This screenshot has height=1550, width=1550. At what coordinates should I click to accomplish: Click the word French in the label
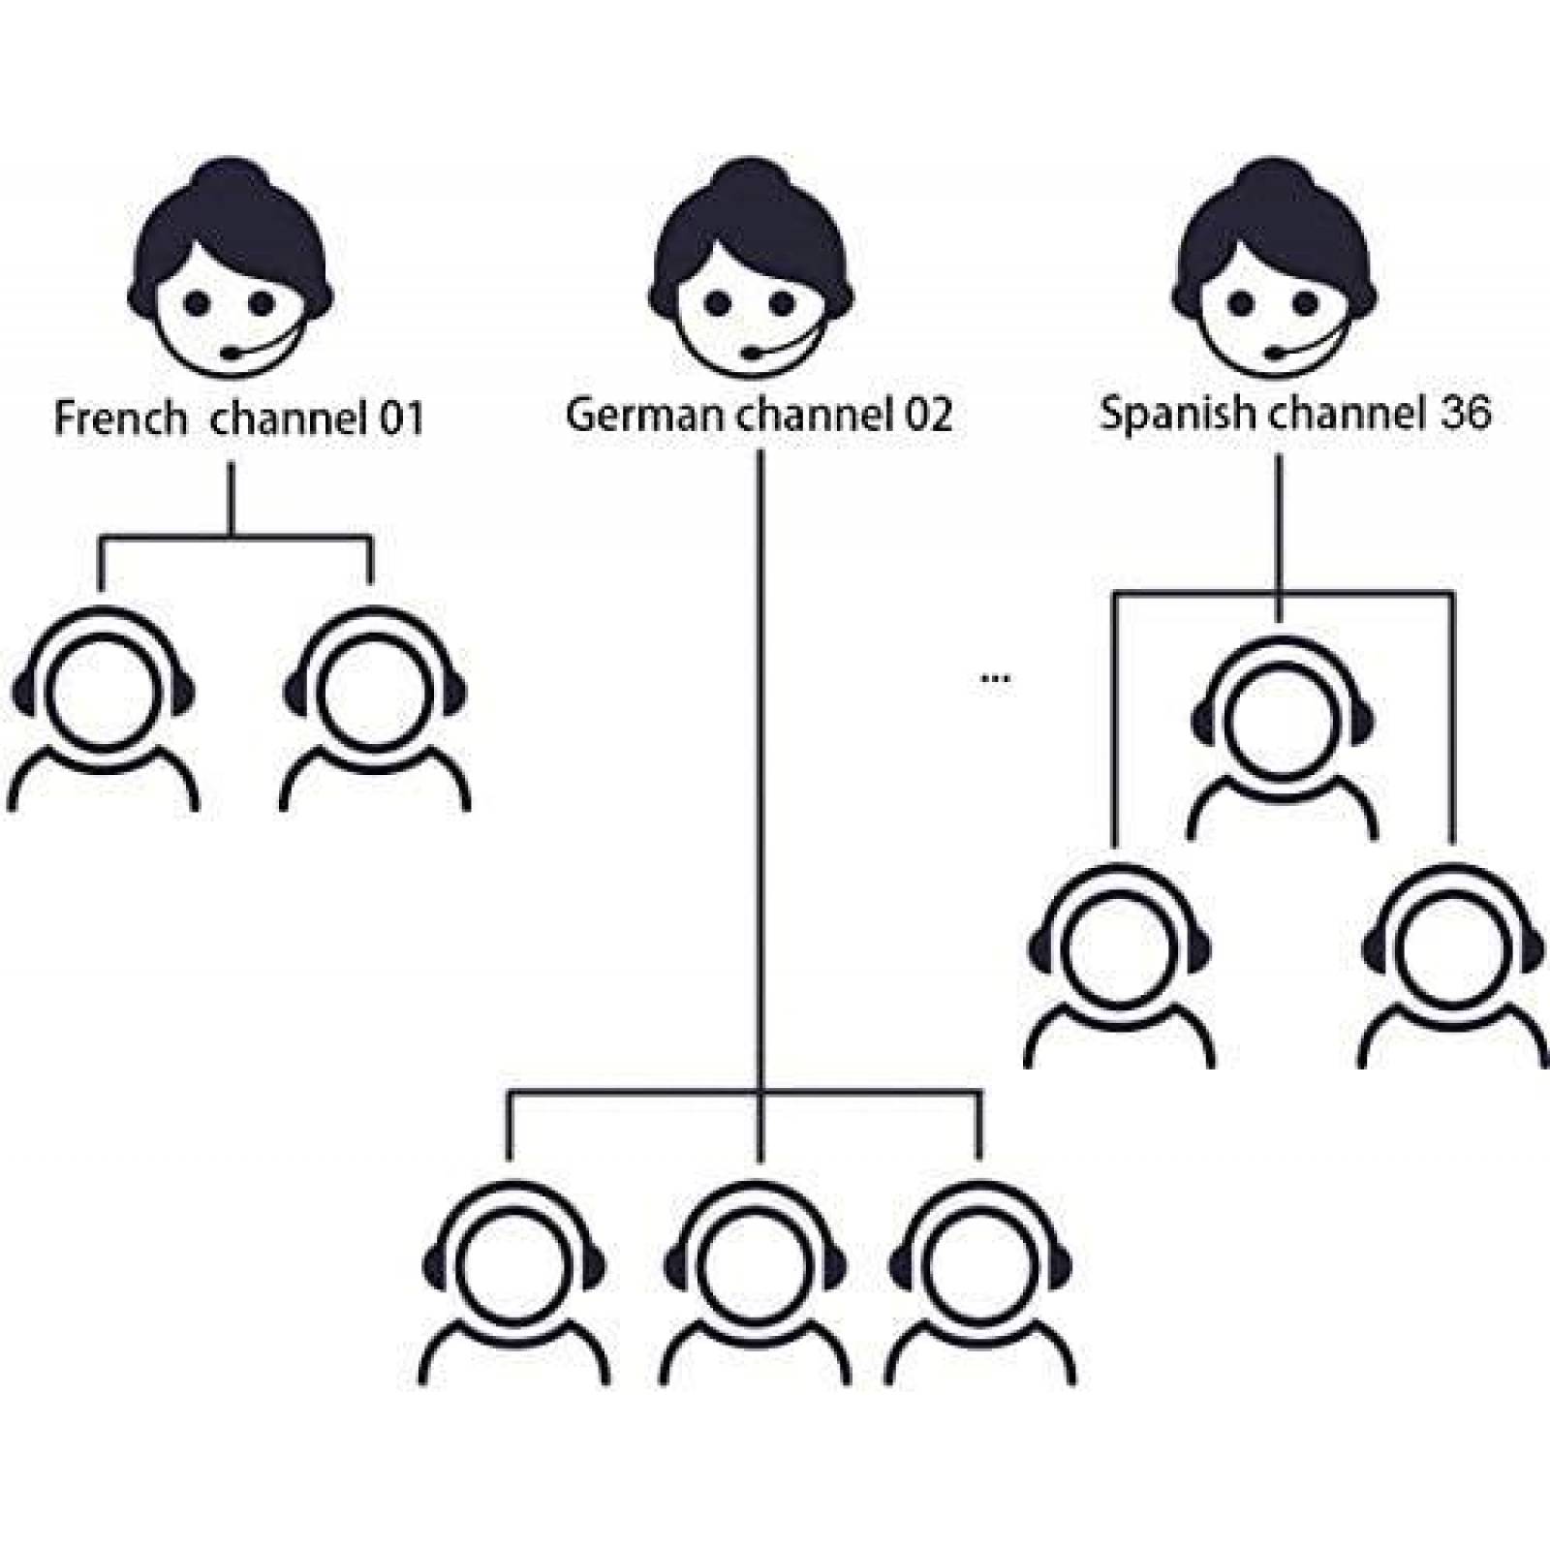(119, 418)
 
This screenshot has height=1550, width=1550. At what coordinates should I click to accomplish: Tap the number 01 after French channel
(401, 418)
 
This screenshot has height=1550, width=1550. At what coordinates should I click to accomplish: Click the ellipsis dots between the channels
(996, 678)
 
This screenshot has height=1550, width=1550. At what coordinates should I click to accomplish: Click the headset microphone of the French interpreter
(232, 354)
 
